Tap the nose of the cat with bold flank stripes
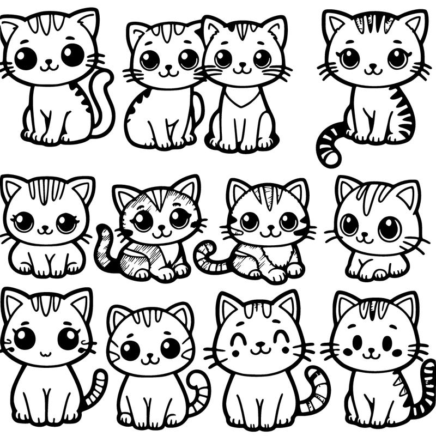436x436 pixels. point(373,65)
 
